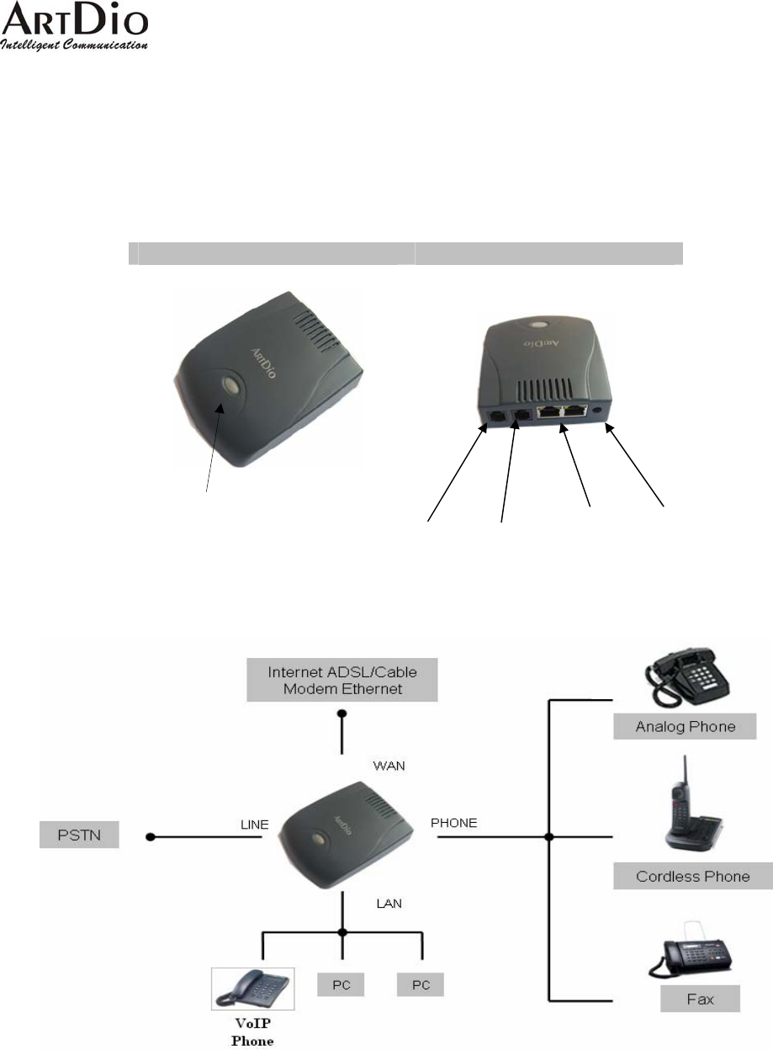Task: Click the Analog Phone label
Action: click(685, 726)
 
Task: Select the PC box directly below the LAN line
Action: click(341, 984)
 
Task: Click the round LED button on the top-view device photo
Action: click(228, 385)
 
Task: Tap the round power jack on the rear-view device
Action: click(598, 411)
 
